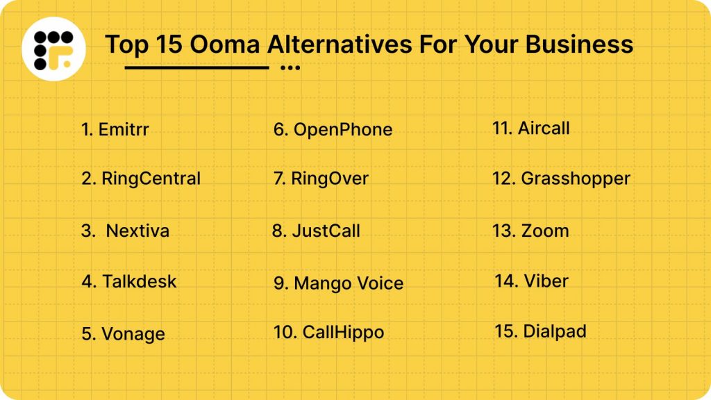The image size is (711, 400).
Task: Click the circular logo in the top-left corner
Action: (x=53, y=49)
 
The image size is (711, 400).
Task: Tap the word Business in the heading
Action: (x=579, y=44)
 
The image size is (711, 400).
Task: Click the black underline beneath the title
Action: (x=196, y=68)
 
